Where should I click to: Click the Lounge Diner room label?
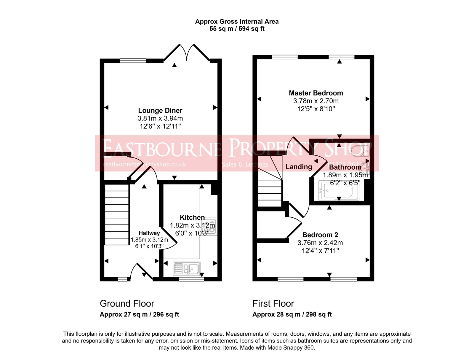pos(160,111)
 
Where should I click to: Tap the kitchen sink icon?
pos(187,269)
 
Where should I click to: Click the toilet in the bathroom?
pos(361,151)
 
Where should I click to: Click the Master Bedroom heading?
pos(316,93)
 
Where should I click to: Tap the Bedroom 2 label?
pos(320,235)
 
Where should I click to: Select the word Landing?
pos(299,167)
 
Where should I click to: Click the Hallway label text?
pos(149,233)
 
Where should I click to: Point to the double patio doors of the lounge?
pos(187,52)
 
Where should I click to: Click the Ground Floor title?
pos(127,304)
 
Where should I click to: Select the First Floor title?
pos(273,304)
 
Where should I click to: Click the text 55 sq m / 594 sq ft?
pos(237,29)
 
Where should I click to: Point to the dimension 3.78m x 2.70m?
pos(316,101)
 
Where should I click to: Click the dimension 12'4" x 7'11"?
pos(320,251)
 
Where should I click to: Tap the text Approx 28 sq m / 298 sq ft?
pos(292,314)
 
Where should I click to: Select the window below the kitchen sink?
pos(191,279)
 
